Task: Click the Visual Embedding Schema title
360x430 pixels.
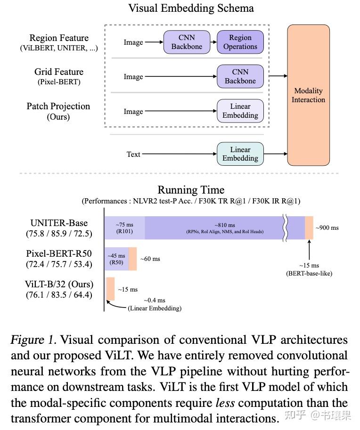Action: tap(191, 8)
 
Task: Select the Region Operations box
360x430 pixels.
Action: tap(240, 42)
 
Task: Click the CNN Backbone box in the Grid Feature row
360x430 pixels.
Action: tap(240, 76)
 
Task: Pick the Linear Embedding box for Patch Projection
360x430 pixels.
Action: tap(240, 111)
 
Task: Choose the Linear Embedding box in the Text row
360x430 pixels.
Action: tap(240, 154)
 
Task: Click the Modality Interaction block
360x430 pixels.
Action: tap(308, 95)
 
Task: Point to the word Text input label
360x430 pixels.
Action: tap(133, 154)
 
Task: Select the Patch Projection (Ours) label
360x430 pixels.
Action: tap(58, 111)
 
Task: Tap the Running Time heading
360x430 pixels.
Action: tap(191, 190)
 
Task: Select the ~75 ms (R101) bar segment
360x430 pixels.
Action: tap(124, 227)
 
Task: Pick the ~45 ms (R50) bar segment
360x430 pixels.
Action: tap(116, 259)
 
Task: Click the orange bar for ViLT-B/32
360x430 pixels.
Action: tap(110, 289)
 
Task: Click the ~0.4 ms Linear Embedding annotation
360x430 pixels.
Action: tap(155, 304)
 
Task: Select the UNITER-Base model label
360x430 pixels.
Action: tap(59, 223)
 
